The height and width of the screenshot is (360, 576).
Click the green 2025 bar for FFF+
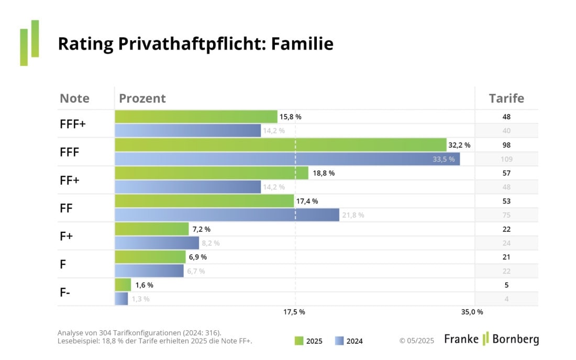pyautogui.click(x=196, y=117)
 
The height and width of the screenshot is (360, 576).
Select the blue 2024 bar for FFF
pyautogui.click(x=287, y=159)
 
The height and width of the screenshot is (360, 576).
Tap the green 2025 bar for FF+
pyautogui.click(x=212, y=173)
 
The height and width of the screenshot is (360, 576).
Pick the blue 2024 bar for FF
pyautogui.click(x=227, y=215)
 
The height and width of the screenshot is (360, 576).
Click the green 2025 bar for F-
pyautogui.click(x=123, y=285)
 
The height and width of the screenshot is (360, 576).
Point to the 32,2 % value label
pyautogui.click(x=459, y=145)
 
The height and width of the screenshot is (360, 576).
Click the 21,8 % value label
pyautogui.click(x=352, y=215)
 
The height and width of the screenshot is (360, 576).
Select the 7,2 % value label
pyautogui.click(x=201, y=229)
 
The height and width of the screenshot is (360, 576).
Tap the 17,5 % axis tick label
pyautogui.click(x=294, y=312)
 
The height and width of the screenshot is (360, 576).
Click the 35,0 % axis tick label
pyautogui.click(x=472, y=312)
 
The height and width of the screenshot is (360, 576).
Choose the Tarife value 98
pyautogui.click(x=506, y=145)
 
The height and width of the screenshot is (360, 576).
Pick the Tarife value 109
pyautogui.click(x=506, y=159)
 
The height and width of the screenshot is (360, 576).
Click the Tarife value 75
pyautogui.click(x=506, y=215)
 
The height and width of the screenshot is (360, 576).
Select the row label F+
pyautogui.click(x=67, y=236)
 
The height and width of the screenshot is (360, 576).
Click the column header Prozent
pyautogui.click(x=142, y=98)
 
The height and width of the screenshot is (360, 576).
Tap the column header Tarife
pyautogui.click(x=506, y=98)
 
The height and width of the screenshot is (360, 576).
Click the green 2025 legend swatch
pyautogui.click(x=299, y=341)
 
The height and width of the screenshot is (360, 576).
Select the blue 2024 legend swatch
pyautogui.click(x=339, y=341)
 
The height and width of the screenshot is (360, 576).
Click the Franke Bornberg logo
pyautogui.click(x=491, y=339)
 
